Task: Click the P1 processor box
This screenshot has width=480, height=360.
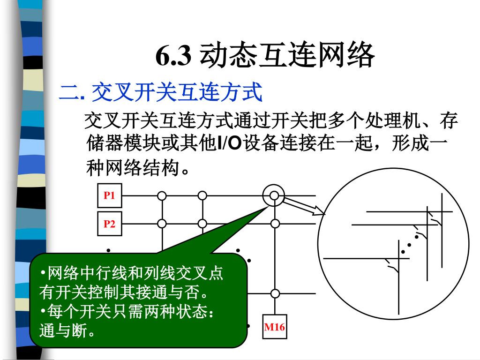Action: point(109,195)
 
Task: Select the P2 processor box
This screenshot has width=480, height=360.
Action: point(109,224)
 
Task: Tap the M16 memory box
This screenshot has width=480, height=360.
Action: point(274,327)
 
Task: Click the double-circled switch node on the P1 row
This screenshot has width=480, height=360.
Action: point(274,195)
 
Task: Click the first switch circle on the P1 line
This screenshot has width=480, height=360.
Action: point(162,195)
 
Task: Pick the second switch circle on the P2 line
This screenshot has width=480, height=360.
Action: point(202,224)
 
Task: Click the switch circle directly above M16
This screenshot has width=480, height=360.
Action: point(274,294)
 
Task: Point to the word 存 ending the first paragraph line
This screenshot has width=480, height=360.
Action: point(449,122)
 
